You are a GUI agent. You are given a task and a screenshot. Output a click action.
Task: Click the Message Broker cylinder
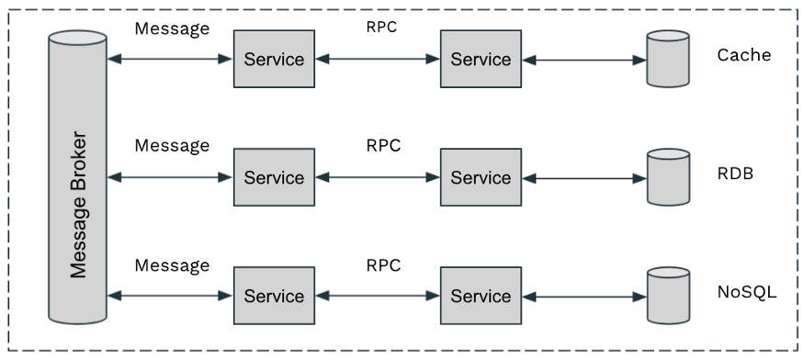click(x=78, y=178)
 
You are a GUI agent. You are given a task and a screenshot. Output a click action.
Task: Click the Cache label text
click(x=743, y=55)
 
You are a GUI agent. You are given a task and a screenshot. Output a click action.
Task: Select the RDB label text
click(x=735, y=173)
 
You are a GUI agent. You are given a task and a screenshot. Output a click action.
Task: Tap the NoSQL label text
click(x=747, y=293)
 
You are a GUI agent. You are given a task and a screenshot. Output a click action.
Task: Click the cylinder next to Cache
click(x=668, y=60)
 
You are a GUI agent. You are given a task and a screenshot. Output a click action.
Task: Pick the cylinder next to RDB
click(x=668, y=177)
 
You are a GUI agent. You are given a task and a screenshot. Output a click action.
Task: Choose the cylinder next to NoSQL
click(x=668, y=296)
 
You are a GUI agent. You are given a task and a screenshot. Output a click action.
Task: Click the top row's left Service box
click(x=274, y=60)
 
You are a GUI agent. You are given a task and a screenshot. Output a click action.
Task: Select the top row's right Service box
click(x=481, y=60)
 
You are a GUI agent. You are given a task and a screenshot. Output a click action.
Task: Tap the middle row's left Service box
click(x=274, y=177)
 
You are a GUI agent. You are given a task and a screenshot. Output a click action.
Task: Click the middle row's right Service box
click(x=481, y=177)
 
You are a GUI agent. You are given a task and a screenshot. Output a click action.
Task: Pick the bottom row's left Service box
click(x=274, y=296)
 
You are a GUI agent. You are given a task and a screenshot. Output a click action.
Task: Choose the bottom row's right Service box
click(x=481, y=296)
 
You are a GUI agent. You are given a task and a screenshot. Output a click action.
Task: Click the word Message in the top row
click(x=172, y=28)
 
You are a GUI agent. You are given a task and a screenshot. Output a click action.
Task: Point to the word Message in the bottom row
click(x=172, y=265)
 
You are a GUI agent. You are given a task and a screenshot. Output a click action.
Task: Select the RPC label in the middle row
click(x=383, y=145)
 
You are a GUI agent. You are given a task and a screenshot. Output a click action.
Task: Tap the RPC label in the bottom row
click(x=383, y=265)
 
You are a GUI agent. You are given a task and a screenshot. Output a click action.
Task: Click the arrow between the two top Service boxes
click(x=377, y=60)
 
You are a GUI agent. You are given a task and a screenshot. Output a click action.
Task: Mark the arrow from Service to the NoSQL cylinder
click(x=583, y=296)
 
